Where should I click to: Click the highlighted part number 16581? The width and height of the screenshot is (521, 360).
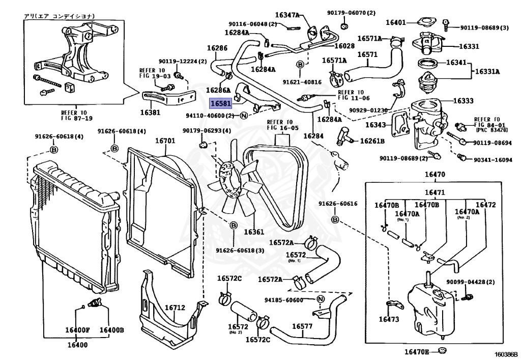pos(221,103)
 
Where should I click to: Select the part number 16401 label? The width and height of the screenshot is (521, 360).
pos(395,22)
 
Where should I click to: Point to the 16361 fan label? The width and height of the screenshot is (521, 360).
pos(254,232)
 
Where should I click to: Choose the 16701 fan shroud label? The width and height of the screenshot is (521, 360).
pos(165,141)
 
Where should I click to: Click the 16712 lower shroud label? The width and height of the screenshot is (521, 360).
pos(175,308)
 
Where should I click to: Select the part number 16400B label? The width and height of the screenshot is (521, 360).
pos(111,330)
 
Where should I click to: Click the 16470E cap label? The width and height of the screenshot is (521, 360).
pos(417,352)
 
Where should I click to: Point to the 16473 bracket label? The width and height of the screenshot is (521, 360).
pos(389,320)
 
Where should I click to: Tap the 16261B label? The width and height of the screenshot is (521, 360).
pos(372,141)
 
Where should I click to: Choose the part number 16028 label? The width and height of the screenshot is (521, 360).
pos(344,46)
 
